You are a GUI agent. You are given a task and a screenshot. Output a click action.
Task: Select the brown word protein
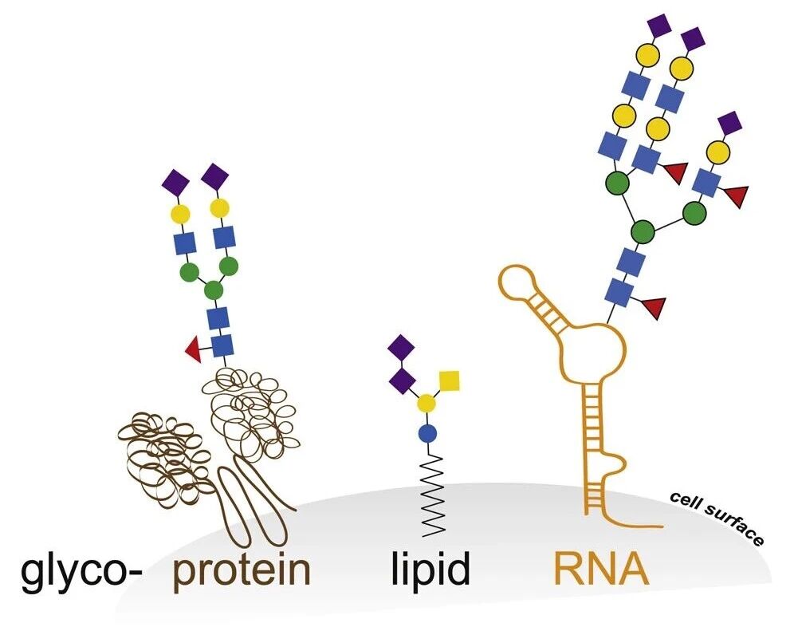(242, 572)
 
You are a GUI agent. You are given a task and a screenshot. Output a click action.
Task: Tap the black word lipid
(430, 570)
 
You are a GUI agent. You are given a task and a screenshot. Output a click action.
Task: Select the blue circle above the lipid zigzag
(428, 433)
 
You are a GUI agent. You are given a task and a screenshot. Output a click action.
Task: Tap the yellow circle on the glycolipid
(428, 403)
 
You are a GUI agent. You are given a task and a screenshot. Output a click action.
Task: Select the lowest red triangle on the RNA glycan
(655, 307)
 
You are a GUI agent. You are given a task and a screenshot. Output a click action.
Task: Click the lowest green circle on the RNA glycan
(643, 232)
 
